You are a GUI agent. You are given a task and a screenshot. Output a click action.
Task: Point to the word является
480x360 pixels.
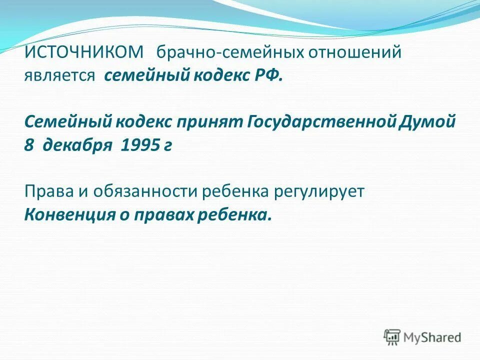tap(59, 76)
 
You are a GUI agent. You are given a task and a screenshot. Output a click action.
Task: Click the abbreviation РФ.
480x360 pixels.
tap(270, 76)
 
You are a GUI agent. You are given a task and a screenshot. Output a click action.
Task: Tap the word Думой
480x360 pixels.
tap(428, 122)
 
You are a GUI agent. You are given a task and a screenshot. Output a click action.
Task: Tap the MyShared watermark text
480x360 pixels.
tap(433, 337)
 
